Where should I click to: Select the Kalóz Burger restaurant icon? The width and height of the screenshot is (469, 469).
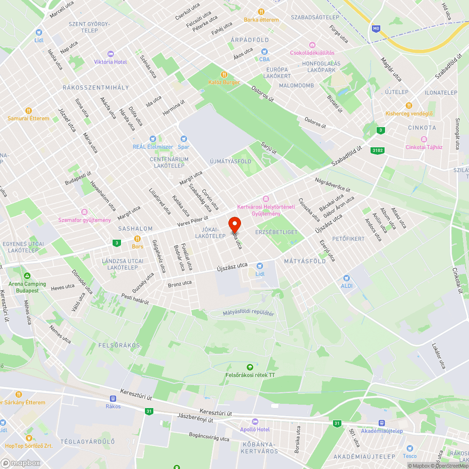pyautogui.click(x=224, y=75)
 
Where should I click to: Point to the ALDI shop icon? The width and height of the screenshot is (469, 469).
pyautogui.click(x=347, y=278)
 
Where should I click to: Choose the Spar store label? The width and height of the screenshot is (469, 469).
pyautogui.click(x=183, y=147)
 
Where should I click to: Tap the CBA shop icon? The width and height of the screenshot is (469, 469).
pyautogui.click(x=265, y=51)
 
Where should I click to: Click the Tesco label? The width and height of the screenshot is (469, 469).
pyautogui.click(x=409, y=456)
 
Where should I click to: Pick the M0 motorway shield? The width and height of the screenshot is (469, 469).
pyautogui.click(x=376, y=29)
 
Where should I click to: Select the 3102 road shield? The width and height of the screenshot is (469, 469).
pyautogui.click(x=377, y=150)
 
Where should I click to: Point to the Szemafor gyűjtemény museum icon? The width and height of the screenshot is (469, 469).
pyautogui.click(x=84, y=212)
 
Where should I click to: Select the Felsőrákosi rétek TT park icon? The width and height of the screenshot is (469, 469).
pyautogui.click(x=250, y=367)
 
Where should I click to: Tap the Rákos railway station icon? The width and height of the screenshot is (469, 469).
pyautogui.click(x=113, y=398)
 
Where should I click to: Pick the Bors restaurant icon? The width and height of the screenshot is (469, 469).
pyautogui.click(x=137, y=238)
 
